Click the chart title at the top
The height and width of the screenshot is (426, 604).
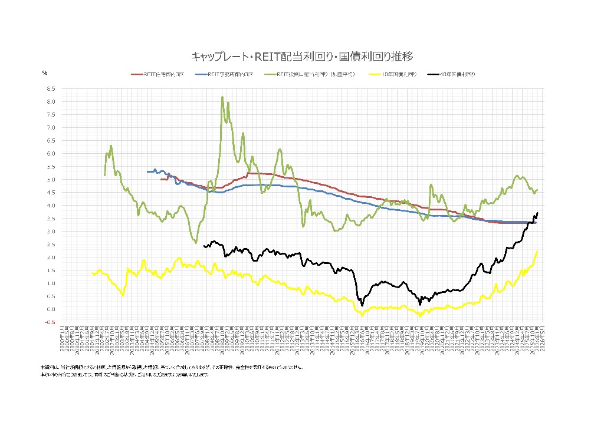tap(302, 57)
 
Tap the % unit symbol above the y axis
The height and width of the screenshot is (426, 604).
tap(44, 72)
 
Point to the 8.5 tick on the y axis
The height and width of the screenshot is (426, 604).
tap(51, 88)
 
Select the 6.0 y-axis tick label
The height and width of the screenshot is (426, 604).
tap(51, 153)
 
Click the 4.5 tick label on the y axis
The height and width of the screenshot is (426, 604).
tap(51, 192)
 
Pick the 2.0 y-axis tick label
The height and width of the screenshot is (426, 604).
tap(51, 257)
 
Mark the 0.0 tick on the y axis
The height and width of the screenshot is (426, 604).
tap(51, 309)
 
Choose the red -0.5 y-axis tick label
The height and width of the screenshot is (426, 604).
tap(51, 322)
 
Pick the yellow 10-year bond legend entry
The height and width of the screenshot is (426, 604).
tap(392, 75)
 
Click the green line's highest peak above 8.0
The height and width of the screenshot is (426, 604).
tap(222, 97)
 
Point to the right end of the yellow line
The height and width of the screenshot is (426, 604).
tap(537, 250)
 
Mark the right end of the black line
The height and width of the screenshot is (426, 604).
tap(537, 213)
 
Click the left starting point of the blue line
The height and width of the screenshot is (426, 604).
tap(147, 171)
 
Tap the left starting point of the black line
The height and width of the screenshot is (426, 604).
tap(203, 246)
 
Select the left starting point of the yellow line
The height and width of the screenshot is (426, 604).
tap(93, 273)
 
